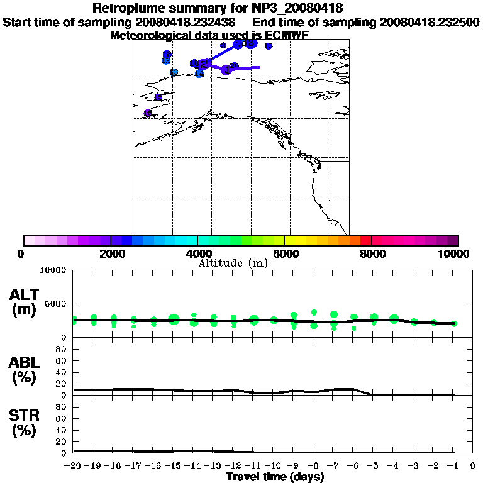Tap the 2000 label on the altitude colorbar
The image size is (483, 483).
pos(110,253)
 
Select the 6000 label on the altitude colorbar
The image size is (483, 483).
pos(285,253)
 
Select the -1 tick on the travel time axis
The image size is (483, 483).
pos(452,467)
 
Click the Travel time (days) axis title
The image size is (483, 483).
pos(275,477)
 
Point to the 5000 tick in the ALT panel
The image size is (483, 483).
pos(57,303)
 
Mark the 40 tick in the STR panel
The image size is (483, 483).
pos(62,430)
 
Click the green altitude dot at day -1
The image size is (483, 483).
pos(454,323)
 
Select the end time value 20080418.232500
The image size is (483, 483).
pos(430,22)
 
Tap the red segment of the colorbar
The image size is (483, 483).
pos(366,240)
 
